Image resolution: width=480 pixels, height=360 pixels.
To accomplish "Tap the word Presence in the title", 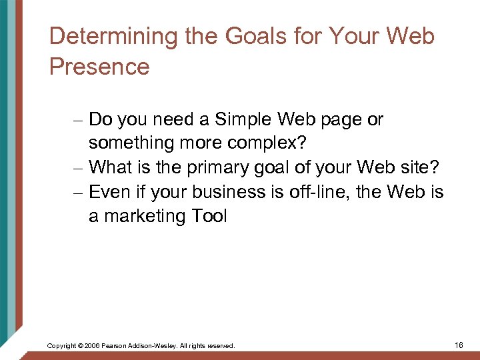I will [x=99, y=67].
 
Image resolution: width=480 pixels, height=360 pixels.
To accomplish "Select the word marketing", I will [x=146, y=216].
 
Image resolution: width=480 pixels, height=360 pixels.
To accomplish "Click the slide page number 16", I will [x=458, y=345].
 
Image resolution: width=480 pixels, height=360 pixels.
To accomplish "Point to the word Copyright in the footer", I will [x=61, y=346].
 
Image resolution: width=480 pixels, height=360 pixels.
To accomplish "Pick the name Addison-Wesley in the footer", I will [x=154, y=346].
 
